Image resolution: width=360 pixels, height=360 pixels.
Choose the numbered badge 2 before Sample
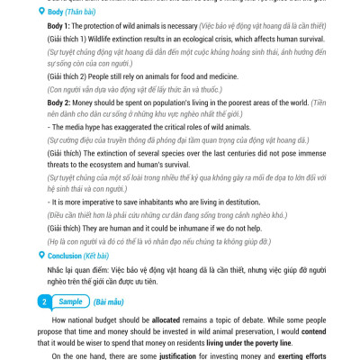tap(44, 301)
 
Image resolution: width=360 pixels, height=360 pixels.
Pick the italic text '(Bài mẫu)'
tap(110, 301)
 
